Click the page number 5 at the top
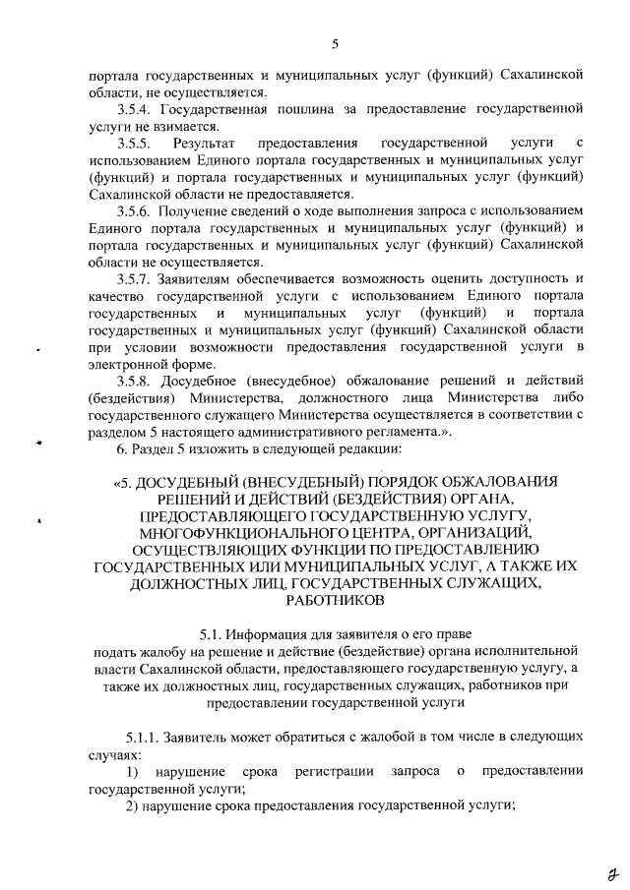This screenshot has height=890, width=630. click(x=335, y=44)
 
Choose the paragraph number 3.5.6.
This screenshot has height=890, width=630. click(x=135, y=211)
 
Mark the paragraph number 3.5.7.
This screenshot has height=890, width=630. click(x=135, y=279)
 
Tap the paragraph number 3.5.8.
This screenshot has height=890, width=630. click(x=135, y=382)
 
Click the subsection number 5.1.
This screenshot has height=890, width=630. click(x=214, y=633)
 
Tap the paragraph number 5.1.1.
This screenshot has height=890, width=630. click(x=140, y=737)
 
